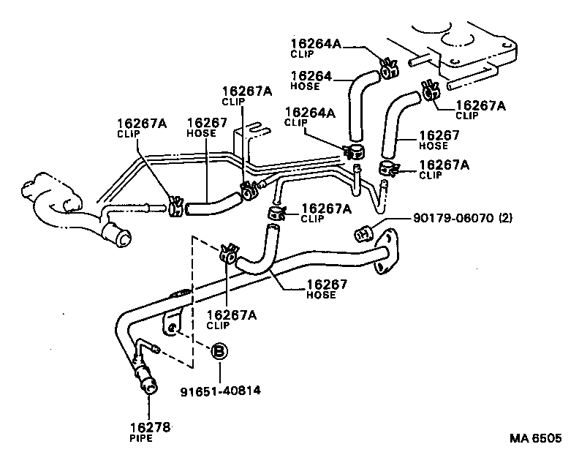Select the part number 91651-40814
tap(220, 391)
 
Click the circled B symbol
tap(218, 353)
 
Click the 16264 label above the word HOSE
tap(311, 75)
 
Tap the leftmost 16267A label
tap(142, 124)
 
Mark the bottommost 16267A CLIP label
tap(231, 315)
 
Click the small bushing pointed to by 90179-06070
tap(363, 233)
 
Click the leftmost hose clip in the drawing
tap(175, 206)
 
